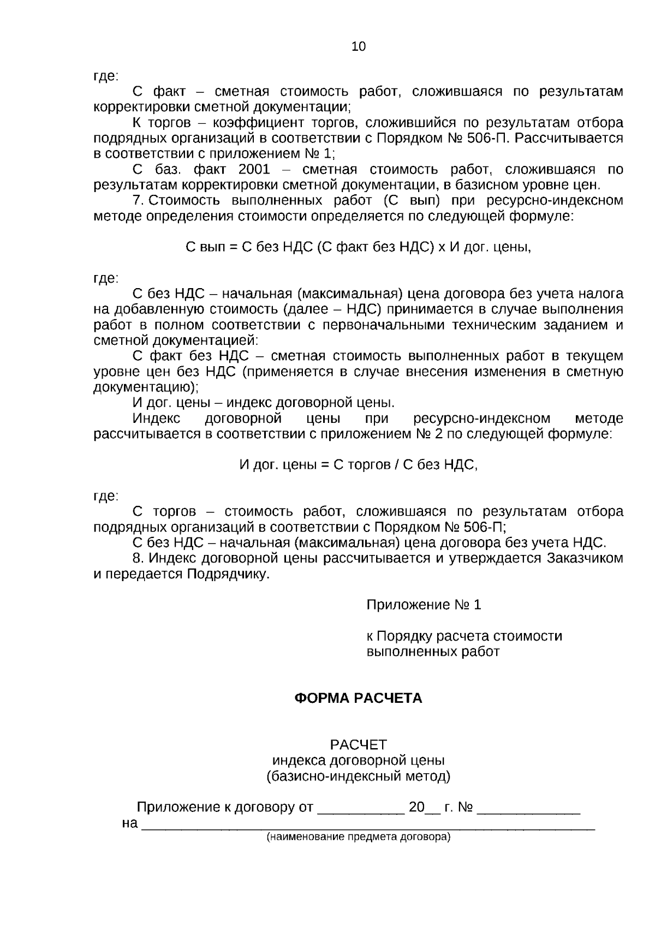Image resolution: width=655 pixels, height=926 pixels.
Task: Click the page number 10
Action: (359, 46)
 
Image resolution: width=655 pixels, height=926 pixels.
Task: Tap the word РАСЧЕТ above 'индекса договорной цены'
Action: (358, 744)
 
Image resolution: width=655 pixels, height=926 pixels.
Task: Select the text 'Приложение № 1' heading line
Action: (424, 605)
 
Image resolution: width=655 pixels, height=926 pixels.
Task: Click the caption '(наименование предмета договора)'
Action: (358, 837)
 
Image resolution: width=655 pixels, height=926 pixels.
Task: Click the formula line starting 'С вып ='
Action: (358, 247)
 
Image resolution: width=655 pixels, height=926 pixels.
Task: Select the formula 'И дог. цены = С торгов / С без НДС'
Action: (358, 465)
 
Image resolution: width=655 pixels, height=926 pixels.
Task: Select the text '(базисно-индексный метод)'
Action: (358, 776)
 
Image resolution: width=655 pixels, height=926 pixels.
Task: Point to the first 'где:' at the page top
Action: (106, 76)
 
